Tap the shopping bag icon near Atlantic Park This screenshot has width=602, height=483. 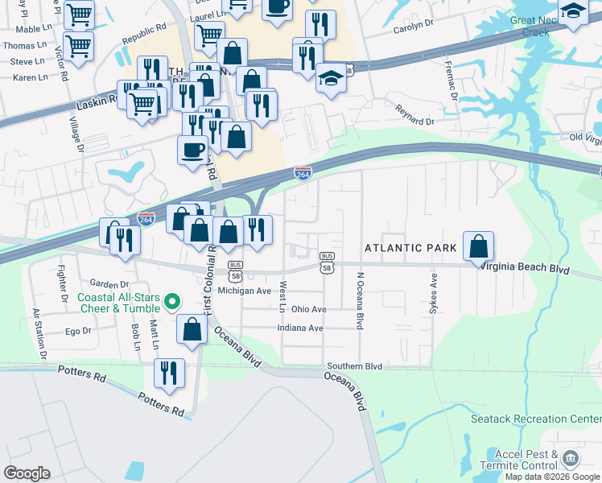click(x=478, y=246)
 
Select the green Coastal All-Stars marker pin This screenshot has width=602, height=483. click(x=171, y=303)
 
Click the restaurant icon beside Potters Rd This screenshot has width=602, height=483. click(x=170, y=374)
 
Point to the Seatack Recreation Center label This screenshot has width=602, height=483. click(x=536, y=419)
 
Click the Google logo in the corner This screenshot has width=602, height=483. click(x=27, y=473)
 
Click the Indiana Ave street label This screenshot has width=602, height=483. click(x=299, y=328)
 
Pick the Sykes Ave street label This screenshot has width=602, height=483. click(x=434, y=295)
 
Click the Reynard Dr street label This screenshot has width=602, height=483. click(x=414, y=117)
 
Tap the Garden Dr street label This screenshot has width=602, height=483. click(x=109, y=284)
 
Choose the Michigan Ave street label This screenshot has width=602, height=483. click(x=244, y=291)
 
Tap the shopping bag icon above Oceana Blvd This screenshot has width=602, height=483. click(x=192, y=330)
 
